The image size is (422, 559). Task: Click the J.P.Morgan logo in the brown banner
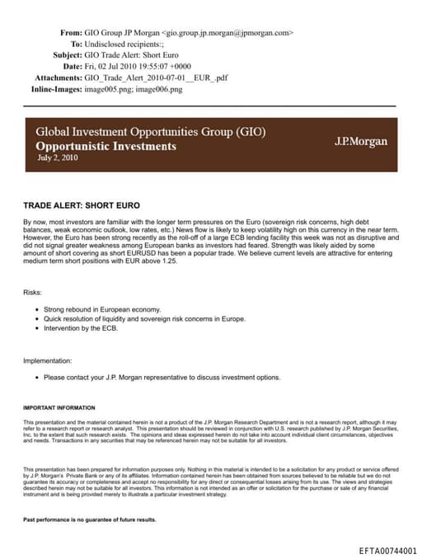tap(360, 142)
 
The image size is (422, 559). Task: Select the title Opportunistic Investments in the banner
tap(105, 146)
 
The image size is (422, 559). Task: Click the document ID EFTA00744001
tap(388, 550)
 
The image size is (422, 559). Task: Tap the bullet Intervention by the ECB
tap(81, 328)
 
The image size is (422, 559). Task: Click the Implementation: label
tap(48, 359)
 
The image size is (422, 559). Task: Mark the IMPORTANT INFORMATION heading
tap(59, 407)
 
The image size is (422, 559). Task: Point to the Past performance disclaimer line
tap(90, 520)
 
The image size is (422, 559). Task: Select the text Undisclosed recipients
tap(124, 45)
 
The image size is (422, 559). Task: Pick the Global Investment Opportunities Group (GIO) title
tap(150, 132)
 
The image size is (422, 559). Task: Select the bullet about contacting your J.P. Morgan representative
tap(162, 378)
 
